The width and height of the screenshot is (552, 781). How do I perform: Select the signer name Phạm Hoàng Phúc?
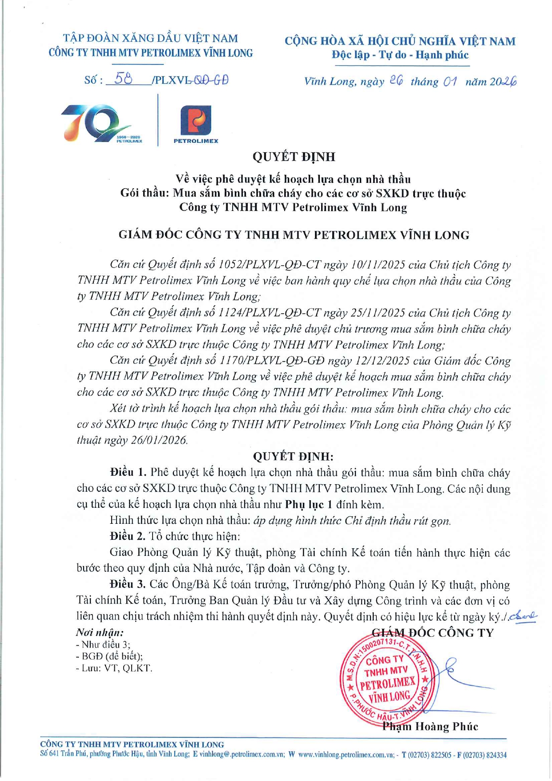pos(430,726)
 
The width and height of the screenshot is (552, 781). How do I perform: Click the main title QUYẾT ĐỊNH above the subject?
pos(294,157)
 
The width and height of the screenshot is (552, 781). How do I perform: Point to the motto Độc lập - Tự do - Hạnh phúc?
pos(400,55)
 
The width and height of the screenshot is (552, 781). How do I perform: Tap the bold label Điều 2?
pos(128,536)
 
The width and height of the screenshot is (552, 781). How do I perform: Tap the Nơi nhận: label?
pos(100,632)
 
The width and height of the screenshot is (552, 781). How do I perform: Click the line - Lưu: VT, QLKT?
pos(114,668)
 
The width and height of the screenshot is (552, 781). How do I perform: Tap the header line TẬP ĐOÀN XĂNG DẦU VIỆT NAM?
pos(150,39)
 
